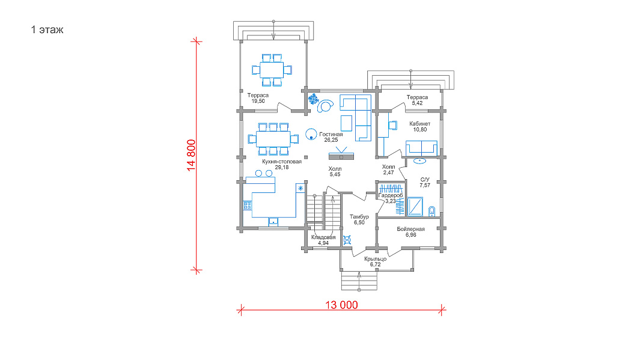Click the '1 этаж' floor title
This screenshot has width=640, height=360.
47,30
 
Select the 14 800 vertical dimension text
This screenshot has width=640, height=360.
192,155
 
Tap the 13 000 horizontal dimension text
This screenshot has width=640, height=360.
341,305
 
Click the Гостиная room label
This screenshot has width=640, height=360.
331,134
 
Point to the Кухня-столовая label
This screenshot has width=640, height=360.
282,162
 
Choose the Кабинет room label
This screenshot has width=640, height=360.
419,124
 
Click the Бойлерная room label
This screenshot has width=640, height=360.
410,229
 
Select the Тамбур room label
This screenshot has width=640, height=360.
359,217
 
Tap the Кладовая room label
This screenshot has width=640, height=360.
323,237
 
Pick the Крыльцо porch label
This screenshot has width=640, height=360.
375,259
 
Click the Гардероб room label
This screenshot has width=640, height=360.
391,195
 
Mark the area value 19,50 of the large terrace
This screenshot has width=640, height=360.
258,101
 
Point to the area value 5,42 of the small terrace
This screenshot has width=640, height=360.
417,103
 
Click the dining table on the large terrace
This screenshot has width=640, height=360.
272,70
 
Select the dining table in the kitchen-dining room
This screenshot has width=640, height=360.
273,139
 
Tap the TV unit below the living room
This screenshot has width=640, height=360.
341,156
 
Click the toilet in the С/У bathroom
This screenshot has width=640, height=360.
432,211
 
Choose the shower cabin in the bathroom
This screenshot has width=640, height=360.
415,207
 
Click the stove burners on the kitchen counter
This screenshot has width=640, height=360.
248,205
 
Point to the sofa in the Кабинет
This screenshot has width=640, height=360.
421,148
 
